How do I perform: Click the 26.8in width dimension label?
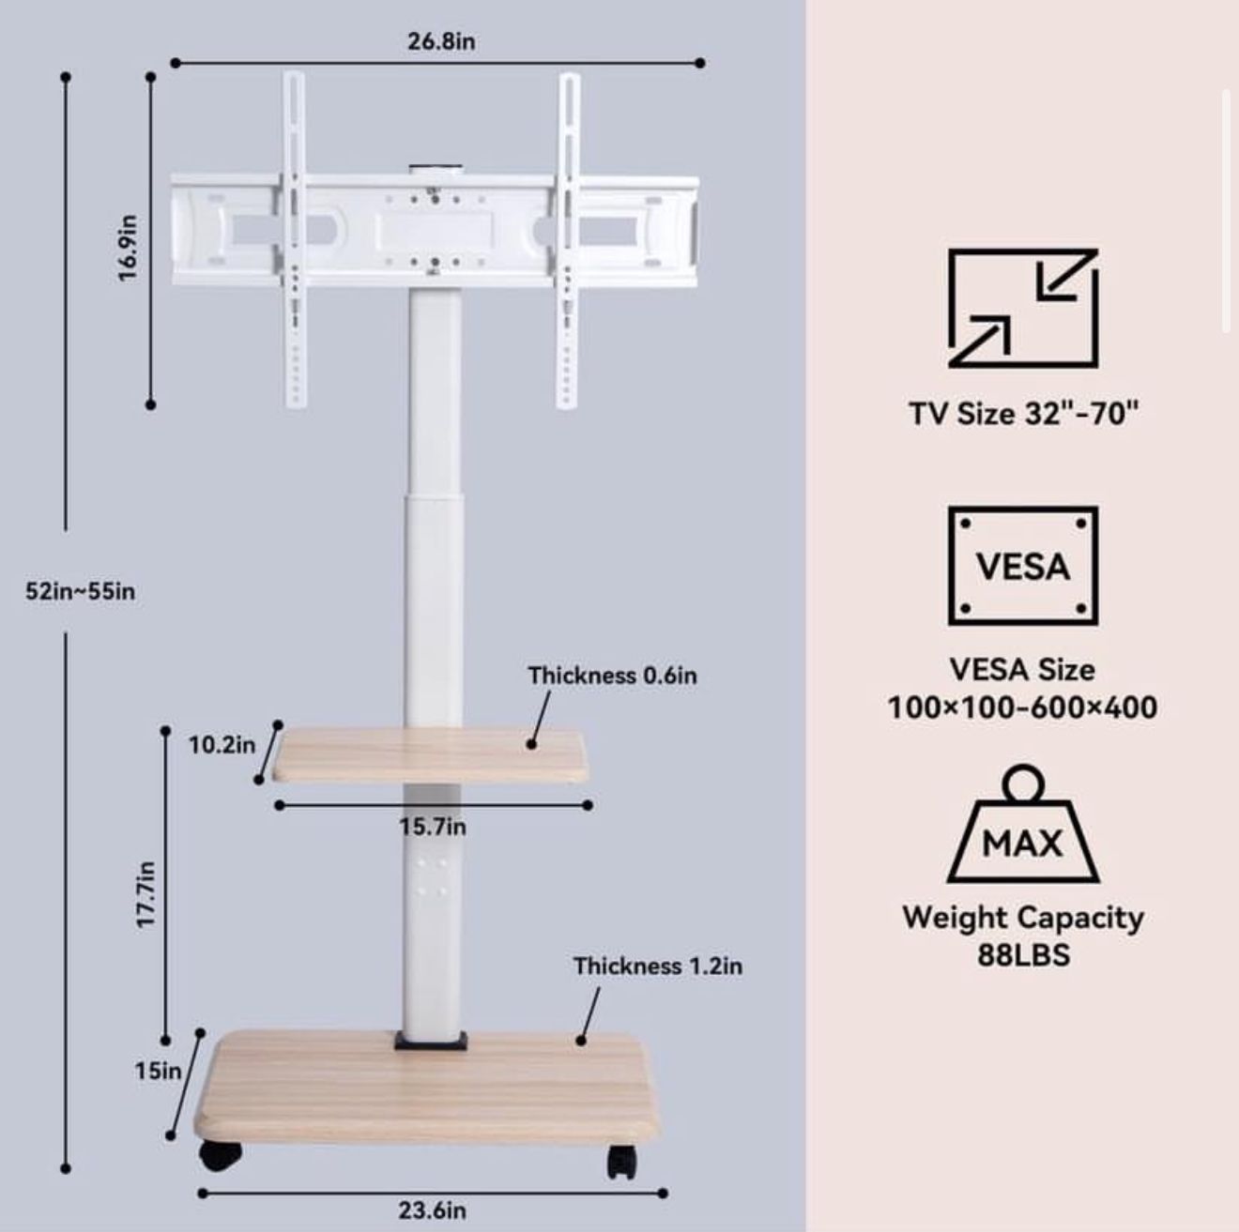click(x=440, y=41)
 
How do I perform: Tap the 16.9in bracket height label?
click(x=129, y=247)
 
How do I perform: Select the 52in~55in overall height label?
click(x=81, y=591)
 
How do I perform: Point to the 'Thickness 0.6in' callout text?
click(x=612, y=676)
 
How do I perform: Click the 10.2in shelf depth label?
click(x=222, y=745)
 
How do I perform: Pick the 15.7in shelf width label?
click(x=432, y=827)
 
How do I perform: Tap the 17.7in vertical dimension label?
click(x=145, y=894)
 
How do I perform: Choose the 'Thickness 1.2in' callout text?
click(x=657, y=966)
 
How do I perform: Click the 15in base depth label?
click(x=158, y=1070)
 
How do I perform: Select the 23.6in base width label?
click(x=432, y=1210)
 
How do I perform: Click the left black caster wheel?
click(x=221, y=1156)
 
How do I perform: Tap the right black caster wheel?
click(x=622, y=1161)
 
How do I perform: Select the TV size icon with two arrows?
click(x=1022, y=309)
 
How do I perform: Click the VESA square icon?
click(x=1022, y=566)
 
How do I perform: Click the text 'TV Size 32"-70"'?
click(x=1023, y=413)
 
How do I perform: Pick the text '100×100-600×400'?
click(x=1022, y=707)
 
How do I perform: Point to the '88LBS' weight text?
click(x=1023, y=955)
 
